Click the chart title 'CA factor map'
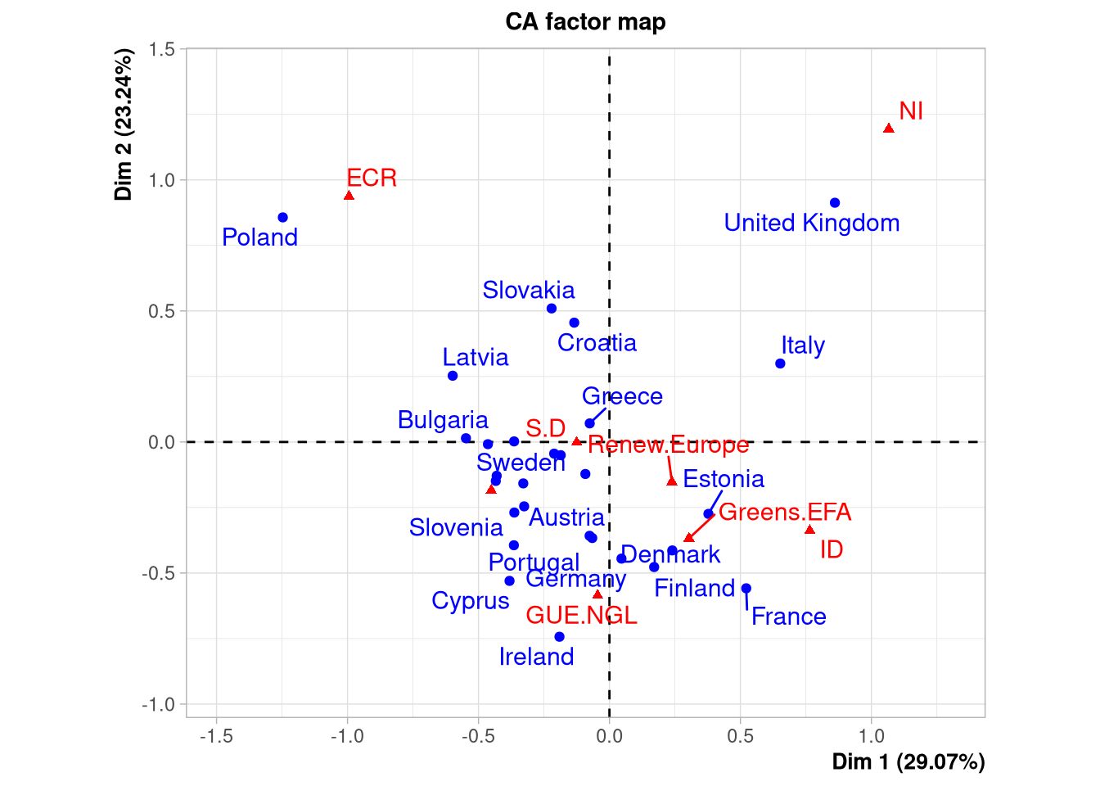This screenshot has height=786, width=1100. [x=585, y=22]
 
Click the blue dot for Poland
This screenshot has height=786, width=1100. [x=282, y=218]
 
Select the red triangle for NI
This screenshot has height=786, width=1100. [x=889, y=129]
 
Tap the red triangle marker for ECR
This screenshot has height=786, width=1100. [x=349, y=196]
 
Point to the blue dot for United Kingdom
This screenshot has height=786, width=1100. [x=835, y=203]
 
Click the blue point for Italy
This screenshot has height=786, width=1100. [x=780, y=364]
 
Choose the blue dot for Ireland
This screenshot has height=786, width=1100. [x=559, y=637]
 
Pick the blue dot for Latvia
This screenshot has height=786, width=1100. [x=453, y=376]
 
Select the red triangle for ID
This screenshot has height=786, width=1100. [x=809, y=530]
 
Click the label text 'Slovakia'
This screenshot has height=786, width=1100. [x=529, y=290]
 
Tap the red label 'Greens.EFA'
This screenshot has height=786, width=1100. [x=785, y=513]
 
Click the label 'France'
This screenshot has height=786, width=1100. [x=789, y=617]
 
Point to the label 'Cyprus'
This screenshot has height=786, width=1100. [x=471, y=601]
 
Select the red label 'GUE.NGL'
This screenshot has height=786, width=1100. [x=581, y=616]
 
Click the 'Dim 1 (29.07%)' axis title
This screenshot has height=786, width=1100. [x=908, y=762]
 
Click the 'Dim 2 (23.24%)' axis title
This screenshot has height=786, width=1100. [x=124, y=124]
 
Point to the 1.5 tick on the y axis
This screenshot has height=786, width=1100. [x=162, y=49]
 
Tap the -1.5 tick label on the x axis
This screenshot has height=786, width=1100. [x=216, y=736]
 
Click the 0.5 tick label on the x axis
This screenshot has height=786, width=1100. [x=740, y=736]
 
